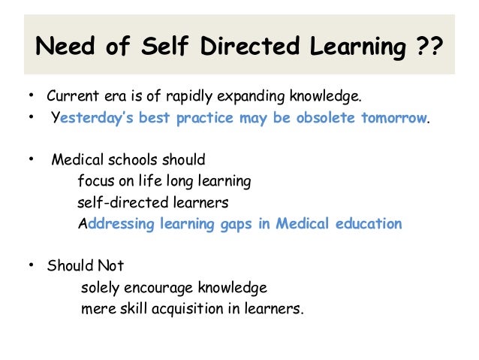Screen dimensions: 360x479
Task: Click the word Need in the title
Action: click(x=64, y=48)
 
